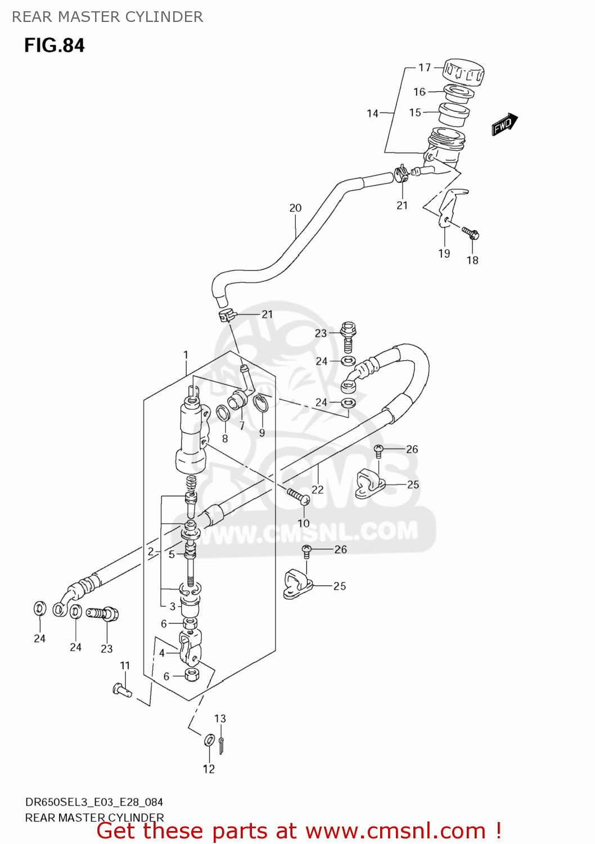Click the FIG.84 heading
[55, 45]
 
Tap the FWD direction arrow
[504, 124]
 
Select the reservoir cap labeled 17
[463, 72]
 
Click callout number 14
[372, 114]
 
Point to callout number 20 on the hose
[295, 208]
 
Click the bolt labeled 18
[470, 232]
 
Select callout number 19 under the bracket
[444, 254]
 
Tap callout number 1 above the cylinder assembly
[186, 355]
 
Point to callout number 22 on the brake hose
[318, 490]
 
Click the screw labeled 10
[297, 496]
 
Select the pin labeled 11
[122, 690]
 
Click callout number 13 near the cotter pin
[220, 719]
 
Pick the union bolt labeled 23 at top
[349, 335]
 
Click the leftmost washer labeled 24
[39, 608]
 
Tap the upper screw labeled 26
[379, 449]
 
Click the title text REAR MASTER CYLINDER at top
[107, 17]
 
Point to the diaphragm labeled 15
[453, 114]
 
